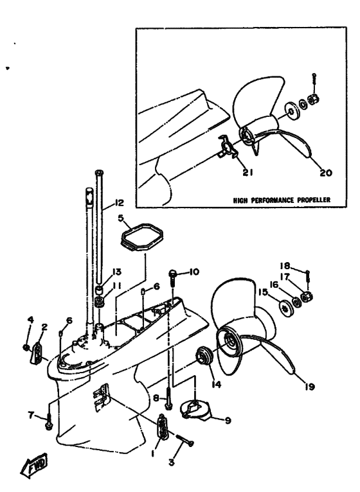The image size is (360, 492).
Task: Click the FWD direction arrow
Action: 34,466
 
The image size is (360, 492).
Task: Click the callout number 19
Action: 309,387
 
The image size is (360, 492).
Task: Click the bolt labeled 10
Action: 173,277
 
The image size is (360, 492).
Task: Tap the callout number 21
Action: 248,172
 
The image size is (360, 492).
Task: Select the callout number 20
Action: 326,173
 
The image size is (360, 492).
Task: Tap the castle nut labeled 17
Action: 307,295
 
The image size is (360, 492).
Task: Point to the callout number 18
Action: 285,266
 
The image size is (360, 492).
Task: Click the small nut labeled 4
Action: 26,347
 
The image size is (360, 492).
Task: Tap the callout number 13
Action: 116,272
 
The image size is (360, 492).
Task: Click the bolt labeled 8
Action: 169,397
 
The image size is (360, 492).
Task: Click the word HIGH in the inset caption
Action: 241,200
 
